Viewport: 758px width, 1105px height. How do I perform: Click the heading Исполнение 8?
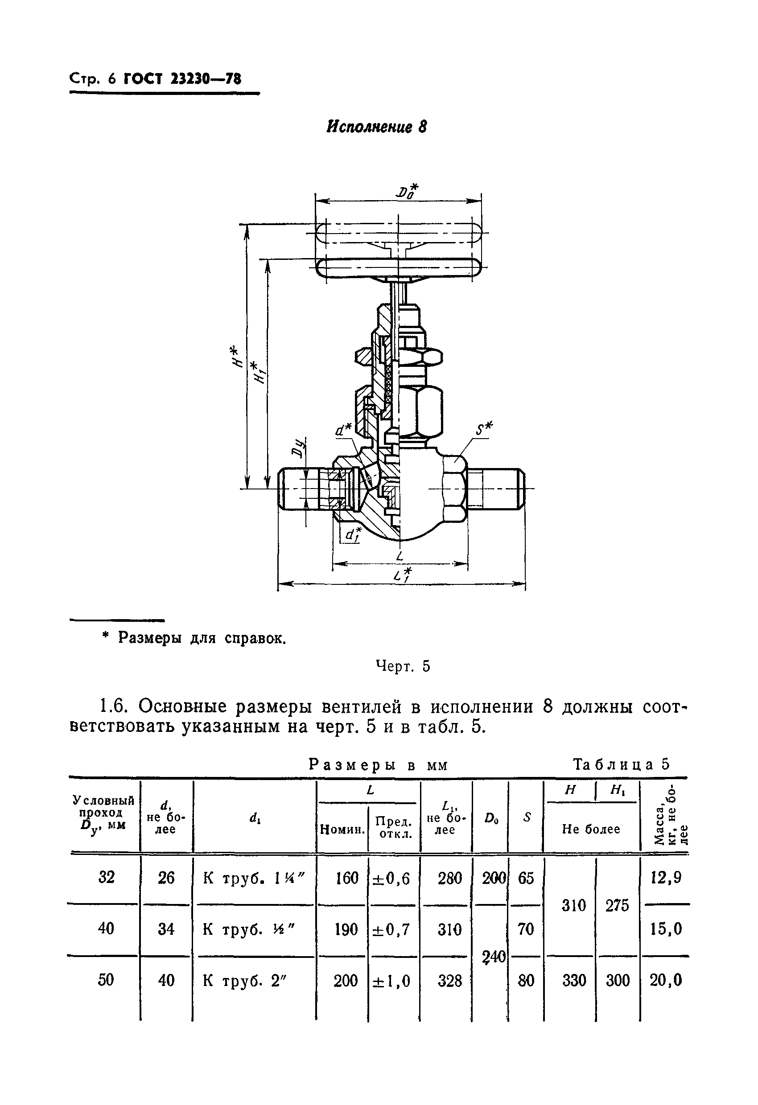376,127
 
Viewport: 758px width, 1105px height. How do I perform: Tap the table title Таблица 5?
621,764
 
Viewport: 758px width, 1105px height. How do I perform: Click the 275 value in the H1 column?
617,905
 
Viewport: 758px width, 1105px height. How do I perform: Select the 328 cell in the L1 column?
449,980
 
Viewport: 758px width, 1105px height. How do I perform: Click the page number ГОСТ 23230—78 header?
182,78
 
